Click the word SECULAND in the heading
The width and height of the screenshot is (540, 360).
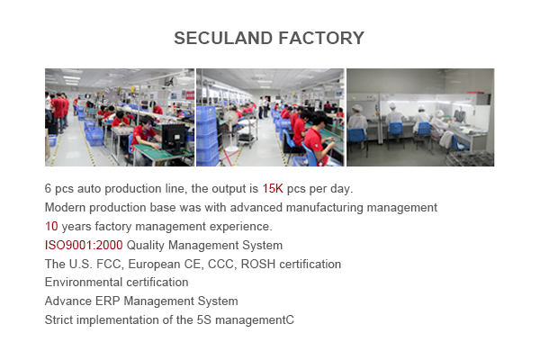[x=223, y=38]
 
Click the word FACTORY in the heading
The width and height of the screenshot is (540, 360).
[x=321, y=38]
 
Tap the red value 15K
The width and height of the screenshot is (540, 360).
[x=273, y=188]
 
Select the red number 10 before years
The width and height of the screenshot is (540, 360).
[x=51, y=226]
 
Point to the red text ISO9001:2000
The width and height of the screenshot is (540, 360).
[x=84, y=246]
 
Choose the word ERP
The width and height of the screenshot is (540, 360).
[x=107, y=301]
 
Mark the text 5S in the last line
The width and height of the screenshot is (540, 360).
[x=204, y=320]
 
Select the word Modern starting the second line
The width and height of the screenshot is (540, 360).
[x=66, y=207]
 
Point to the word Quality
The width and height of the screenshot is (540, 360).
[x=146, y=246]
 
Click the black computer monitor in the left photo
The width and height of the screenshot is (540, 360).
[x=173, y=139]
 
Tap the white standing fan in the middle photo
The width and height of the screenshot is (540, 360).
[x=231, y=130]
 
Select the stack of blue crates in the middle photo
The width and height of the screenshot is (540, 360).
[x=208, y=136]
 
